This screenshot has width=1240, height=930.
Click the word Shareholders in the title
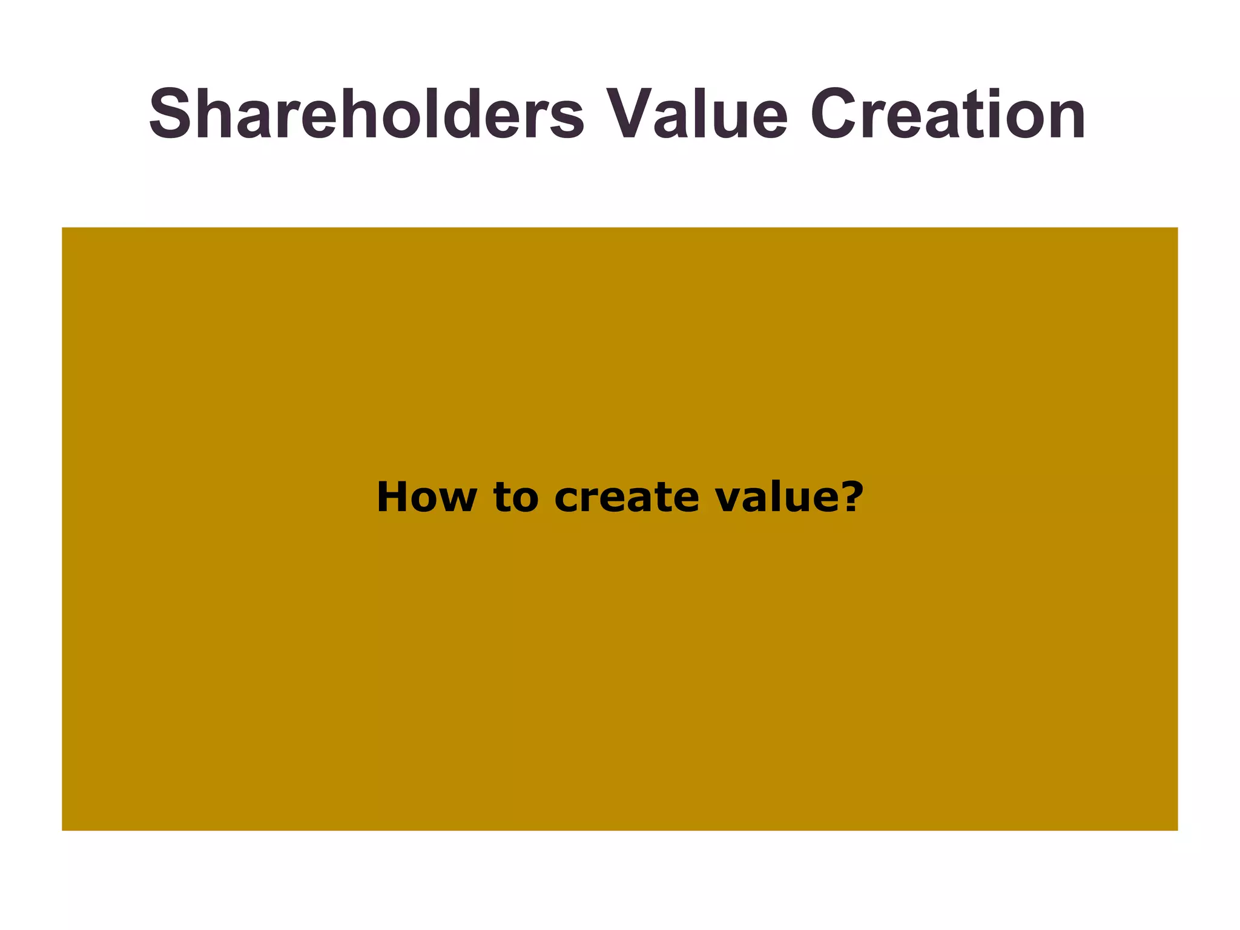[366, 115]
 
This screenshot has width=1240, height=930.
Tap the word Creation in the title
[948, 115]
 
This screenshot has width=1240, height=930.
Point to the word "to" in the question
[515, 498]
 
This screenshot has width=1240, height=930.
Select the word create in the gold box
[626, 498]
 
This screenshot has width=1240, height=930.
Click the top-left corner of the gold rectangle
[62, 228]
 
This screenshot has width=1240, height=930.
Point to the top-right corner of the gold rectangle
[1178, 228]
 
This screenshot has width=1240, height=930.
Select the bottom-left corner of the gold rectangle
[62, 830]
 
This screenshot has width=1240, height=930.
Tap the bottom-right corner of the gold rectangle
[1178, 830]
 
